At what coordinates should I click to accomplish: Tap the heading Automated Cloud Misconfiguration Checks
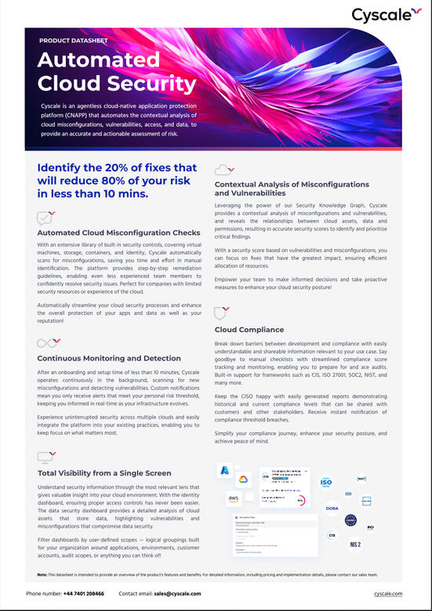click(119, 233)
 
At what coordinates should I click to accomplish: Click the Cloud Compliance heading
click(249, 330)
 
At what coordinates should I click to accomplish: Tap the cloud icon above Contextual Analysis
click(224, 168)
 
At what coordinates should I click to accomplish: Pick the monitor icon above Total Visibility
click(45, 456)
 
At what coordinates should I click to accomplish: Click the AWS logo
click(234, 499)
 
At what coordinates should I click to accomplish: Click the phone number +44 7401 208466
click(83, 594)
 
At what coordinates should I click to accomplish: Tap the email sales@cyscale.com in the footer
click(177, 594)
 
